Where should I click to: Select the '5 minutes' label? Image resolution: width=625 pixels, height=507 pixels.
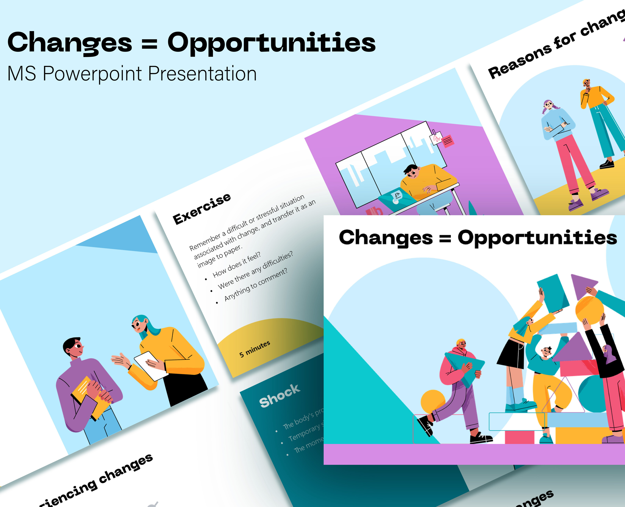pos(254,349)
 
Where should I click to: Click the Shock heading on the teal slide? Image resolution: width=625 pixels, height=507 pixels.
pos(279,396)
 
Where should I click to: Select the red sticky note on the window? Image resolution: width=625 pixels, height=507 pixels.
pos(447,141)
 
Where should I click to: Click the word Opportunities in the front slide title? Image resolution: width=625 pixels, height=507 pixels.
pos(537,238)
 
